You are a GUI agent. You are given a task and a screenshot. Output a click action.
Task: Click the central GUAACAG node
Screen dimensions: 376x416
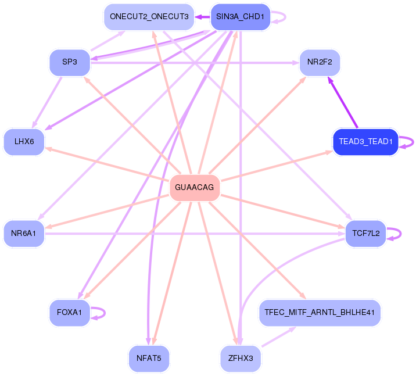(195, 188)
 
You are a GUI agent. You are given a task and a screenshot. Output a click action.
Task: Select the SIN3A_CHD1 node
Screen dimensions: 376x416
(239, 17)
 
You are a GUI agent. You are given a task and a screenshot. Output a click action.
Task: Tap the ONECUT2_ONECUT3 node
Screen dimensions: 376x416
(149, 17)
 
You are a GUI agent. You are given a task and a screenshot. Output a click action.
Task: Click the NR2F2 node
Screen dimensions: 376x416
(319, 62)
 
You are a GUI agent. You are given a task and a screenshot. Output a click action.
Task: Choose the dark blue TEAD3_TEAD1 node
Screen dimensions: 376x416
(365, 142)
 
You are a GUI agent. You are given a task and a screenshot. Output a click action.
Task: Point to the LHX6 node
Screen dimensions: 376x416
(24, 142)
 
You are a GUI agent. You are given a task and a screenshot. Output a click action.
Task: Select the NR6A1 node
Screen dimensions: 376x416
(24, 233)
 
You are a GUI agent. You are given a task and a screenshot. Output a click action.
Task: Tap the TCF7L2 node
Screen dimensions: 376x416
(365, 233)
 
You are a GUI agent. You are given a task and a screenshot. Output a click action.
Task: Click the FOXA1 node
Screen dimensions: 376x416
(69, 313)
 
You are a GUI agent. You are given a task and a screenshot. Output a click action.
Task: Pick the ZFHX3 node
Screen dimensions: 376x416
(240, 358)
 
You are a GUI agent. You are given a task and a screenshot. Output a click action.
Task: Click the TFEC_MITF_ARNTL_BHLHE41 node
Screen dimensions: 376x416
(319, 313)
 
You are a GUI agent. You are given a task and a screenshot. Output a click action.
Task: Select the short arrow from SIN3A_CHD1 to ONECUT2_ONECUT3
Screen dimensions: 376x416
(202, 17)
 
